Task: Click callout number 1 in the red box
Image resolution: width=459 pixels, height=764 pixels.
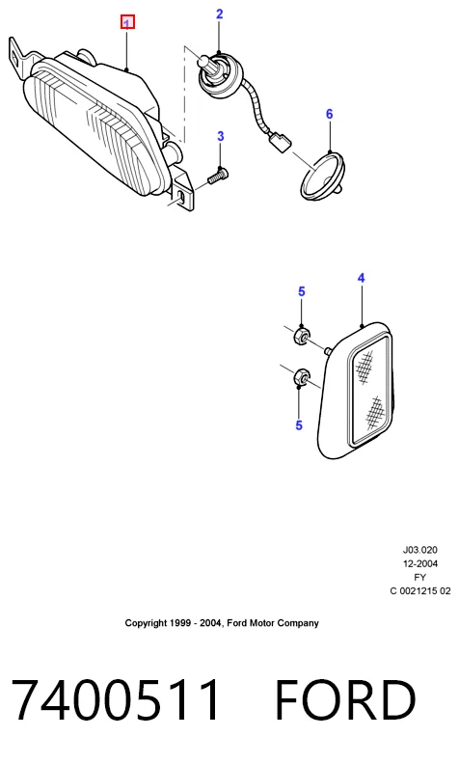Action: click(x=127, y=22)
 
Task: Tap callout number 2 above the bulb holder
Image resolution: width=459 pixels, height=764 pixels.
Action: click(x=219, y=14)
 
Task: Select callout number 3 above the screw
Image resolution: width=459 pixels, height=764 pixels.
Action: click(x=220, y=136)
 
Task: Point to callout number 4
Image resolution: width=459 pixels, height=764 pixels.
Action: click(x=361, y=278)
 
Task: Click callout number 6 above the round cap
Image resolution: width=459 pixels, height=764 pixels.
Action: click(x=330, y=114)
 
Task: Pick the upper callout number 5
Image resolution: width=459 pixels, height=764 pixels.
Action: click(x=302, y=292)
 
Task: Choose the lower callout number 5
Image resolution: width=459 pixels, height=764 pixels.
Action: click(x=299, y=425)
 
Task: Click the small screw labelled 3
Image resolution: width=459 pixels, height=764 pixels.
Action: click(x=219, y=175)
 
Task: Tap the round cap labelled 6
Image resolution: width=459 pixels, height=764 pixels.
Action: click(x=323, y=176)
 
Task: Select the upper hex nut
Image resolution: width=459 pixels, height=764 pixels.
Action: click(x=302, y=337)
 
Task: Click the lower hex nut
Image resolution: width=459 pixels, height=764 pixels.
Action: click(x=301, y=377)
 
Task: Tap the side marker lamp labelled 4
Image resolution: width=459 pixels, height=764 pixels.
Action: click(x=357, y=390)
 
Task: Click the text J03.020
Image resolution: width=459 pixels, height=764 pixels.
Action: click(x=419, y=550)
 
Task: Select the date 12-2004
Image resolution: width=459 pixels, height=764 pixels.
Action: click(x=420, y=563)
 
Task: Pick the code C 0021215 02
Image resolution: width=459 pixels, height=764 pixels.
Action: click(x=420, y=591)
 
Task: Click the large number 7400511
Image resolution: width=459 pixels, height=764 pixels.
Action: click(x=116, y=699)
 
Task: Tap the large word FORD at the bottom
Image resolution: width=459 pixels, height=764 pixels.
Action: click(x=345, y=699)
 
